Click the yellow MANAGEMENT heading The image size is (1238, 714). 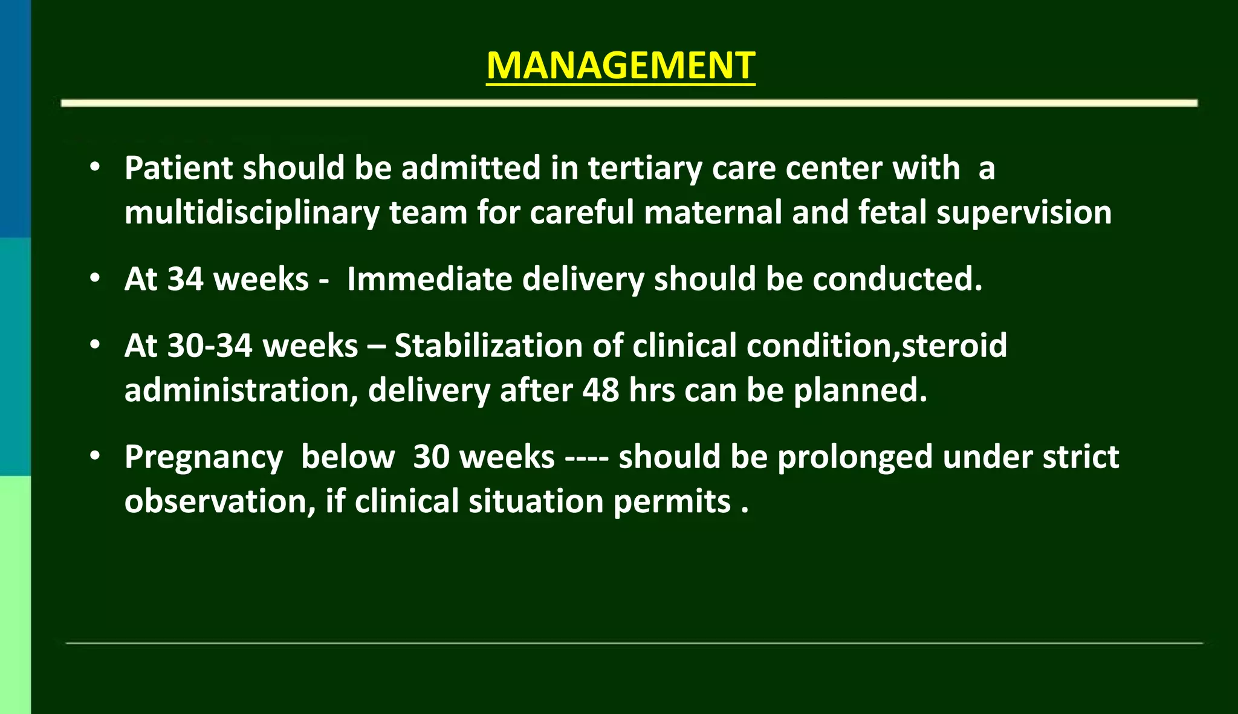click(x=621, y=65)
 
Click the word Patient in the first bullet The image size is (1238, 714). click(x=178, y=168)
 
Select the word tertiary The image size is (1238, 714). click(x=644, y=169)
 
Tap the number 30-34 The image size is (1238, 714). click(x=210, y=346)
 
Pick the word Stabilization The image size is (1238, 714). click(x=488, y=346)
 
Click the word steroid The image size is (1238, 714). click(x=954, y=346)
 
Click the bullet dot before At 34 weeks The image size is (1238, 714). click(x=95, y=279)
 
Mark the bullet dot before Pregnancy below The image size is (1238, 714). click(x=95, y=457)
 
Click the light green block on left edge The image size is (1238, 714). click(x=15, y=594)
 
